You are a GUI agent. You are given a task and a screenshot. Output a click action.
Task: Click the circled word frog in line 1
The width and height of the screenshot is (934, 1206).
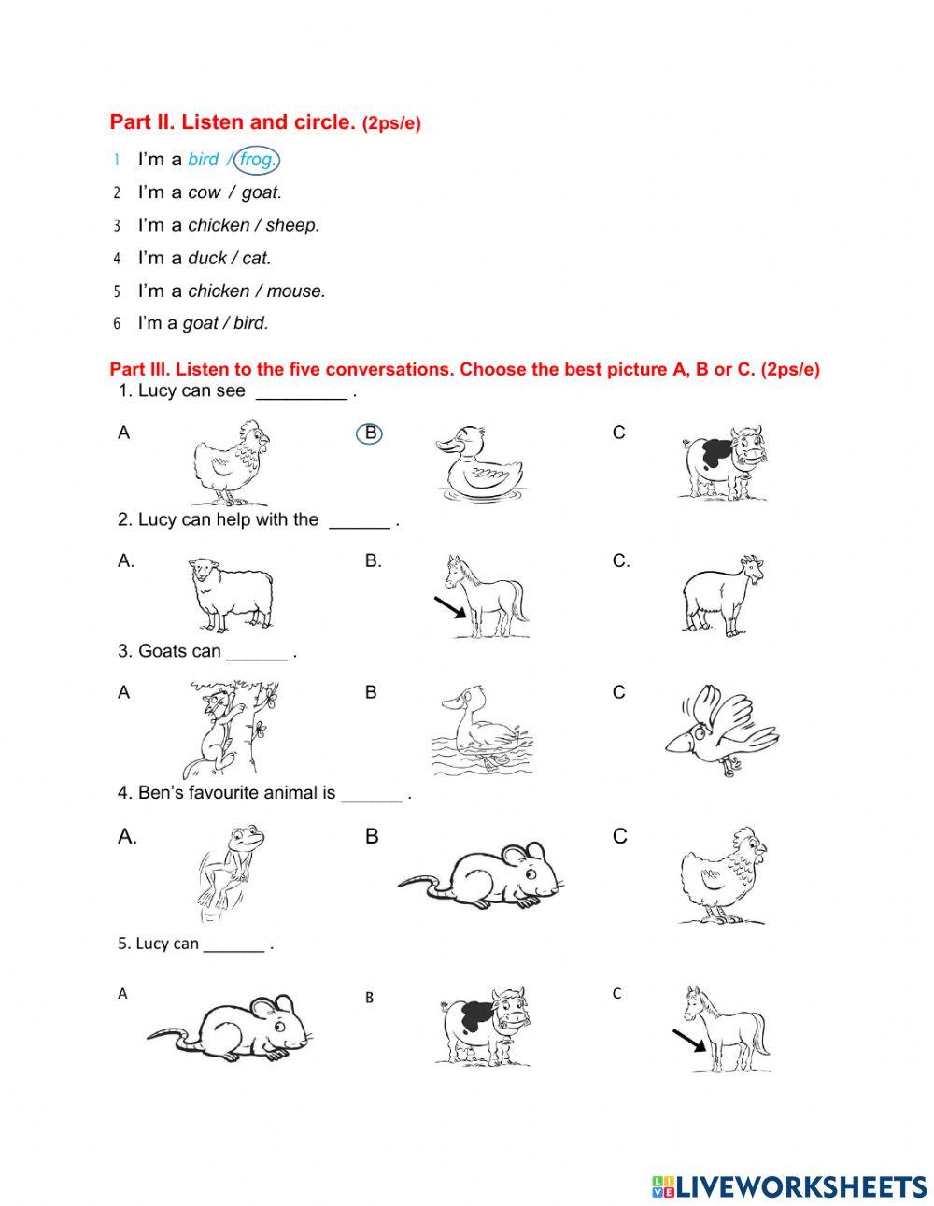(x=257, y=160)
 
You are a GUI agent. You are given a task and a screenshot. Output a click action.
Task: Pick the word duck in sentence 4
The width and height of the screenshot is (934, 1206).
(x=208, y=258)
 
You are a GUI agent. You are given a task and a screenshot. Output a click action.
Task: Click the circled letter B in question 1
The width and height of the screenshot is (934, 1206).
(x=370, y=433)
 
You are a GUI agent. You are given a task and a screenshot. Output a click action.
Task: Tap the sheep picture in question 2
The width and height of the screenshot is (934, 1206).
(x=230, y=594)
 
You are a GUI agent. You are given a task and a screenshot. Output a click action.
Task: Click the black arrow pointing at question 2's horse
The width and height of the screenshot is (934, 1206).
(x=449, y=608)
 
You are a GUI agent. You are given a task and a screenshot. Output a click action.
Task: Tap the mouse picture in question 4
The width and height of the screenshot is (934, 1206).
(x=482, y=875)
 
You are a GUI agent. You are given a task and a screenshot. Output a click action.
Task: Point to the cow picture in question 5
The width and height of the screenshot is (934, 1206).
(x=481, y=1026)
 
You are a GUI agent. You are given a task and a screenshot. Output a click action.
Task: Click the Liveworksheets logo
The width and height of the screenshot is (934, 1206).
(x=789, y=1186)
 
